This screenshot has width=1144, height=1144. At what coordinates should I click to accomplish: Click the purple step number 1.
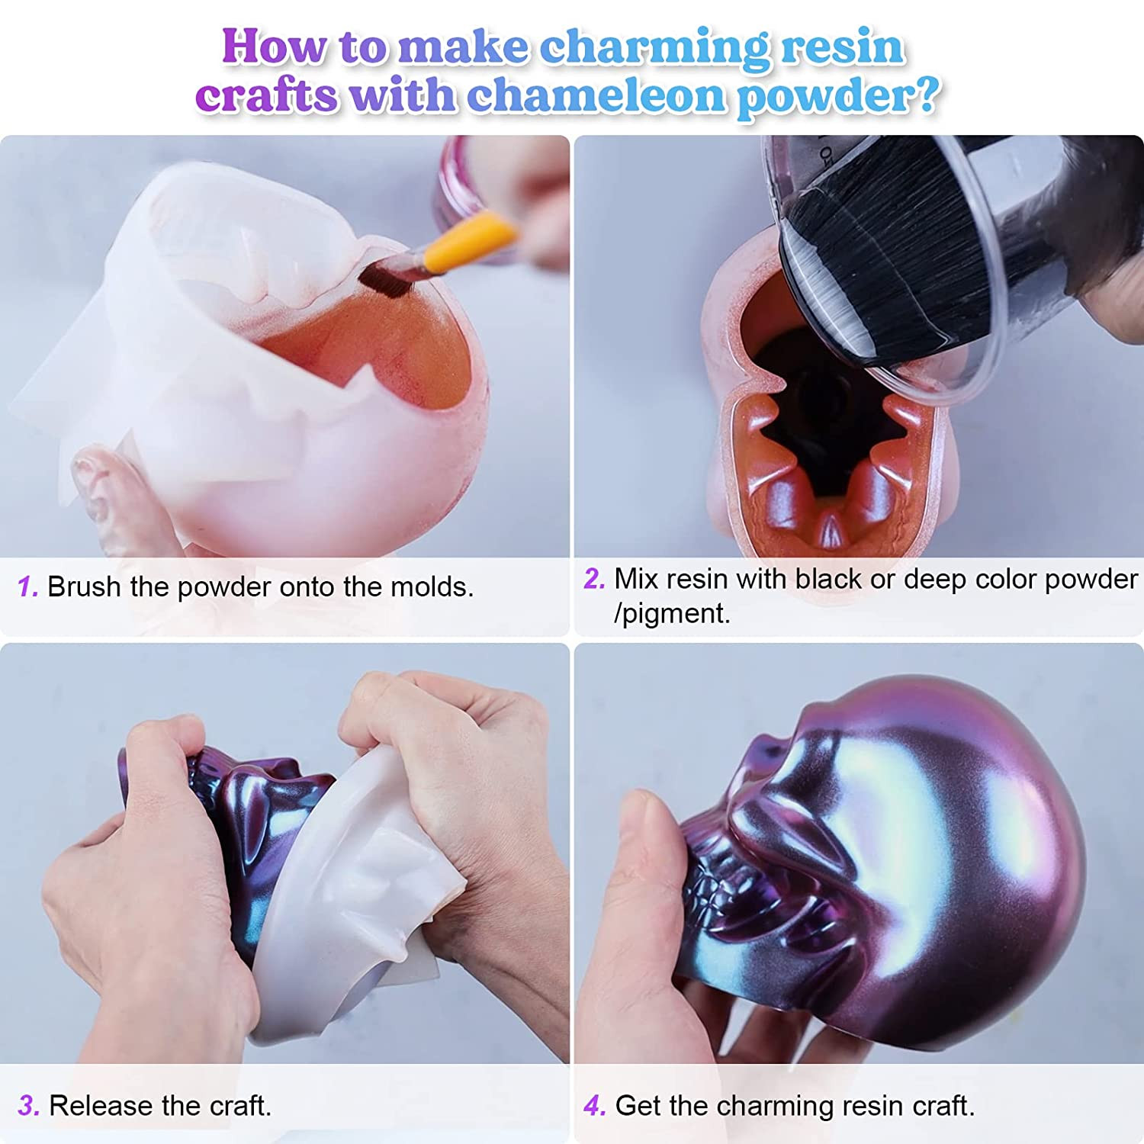click(x=27, y=586)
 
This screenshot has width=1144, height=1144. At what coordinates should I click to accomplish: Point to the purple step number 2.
click(x=594, y=579)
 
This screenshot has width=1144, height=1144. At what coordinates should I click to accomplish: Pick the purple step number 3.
click(x=28, y=1105)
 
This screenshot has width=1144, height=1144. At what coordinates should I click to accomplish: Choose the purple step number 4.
click(x=595, y=1105)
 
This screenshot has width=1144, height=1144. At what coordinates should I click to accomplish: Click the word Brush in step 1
click(x=85, y=586)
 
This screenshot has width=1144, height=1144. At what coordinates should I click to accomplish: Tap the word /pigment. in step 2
click(x=672, y=614)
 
